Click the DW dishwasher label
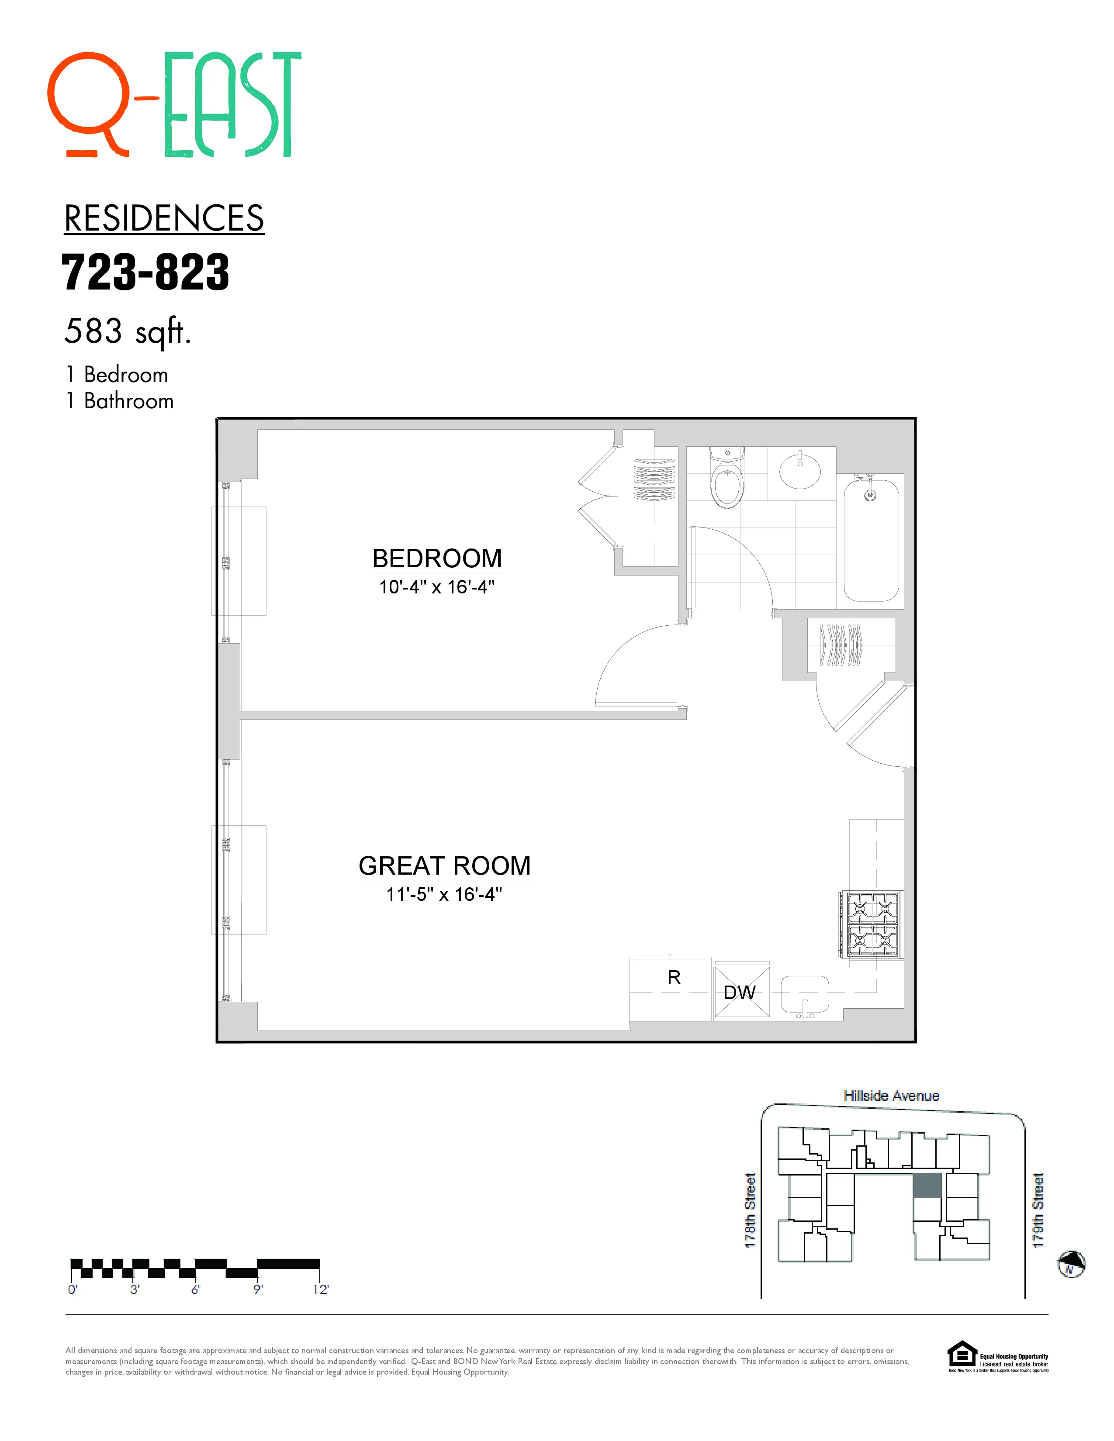pos(740,993)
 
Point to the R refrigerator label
pos(674,977)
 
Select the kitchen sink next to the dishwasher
pos(804,994)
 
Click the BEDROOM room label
pos(437,558)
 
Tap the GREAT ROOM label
pos(444,865)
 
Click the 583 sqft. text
pos(128,331)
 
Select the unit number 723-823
pos(145,272)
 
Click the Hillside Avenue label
pos(891,1096)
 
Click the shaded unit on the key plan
pos(927,1186)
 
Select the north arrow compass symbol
pos(1071,1264)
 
